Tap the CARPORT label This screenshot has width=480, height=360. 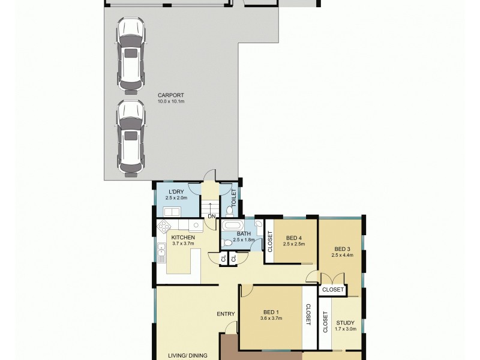(170, 95)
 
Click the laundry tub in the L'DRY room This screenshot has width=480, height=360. (172, 211)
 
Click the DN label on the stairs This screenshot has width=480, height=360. (211, 216)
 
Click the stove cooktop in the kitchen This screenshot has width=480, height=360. (164, 226)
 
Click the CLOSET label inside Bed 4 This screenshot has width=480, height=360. (269, 241)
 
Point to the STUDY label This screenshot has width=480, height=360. (346, 322)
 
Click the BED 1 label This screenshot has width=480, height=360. (271, 312)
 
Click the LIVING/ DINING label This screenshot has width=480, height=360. (187, 355)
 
